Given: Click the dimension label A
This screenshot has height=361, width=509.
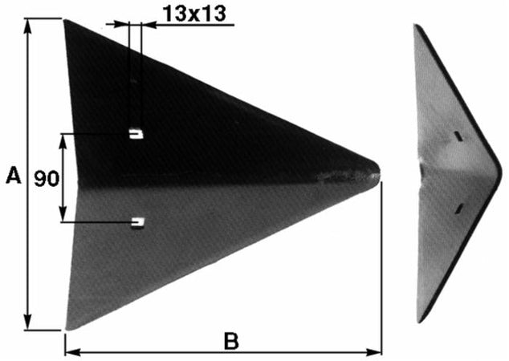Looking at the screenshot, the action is click(x=14, y=175).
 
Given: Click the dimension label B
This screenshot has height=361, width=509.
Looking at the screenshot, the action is click(x=231, y=341).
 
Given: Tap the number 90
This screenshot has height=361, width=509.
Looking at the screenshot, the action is click(x=47, y=178).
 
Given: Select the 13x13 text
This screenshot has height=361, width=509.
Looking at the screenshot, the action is click(x=193, y=14).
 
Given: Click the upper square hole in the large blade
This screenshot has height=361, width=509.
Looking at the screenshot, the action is click(x=136, y=133).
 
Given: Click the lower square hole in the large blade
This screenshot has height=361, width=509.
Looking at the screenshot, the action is click(x=137, y=222).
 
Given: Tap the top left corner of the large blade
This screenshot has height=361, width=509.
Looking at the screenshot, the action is click(x=64, y=20).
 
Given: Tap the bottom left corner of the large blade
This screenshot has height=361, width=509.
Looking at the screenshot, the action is click(x=67, y=329).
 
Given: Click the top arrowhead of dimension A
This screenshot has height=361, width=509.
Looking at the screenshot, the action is click(x=28, y=26).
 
